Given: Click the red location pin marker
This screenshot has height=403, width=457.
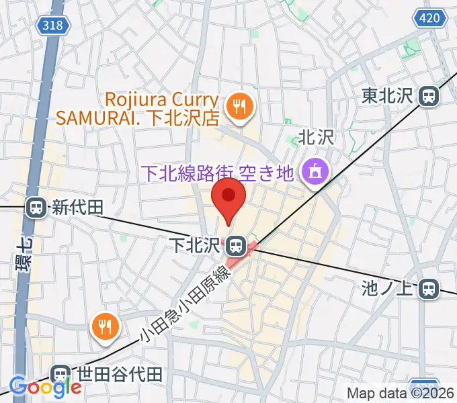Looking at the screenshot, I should [x=229, y=197].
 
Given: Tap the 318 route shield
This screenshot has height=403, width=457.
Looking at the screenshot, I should [x=52, y=25].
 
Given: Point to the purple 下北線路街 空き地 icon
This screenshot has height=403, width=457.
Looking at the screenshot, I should [x=315, y=173].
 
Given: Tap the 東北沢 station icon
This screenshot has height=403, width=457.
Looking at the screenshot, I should [x=428, y=97].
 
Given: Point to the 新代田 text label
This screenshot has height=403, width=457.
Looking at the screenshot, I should [x=77, y=208].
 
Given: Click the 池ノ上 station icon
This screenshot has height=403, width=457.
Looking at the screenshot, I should [x=427, y=289].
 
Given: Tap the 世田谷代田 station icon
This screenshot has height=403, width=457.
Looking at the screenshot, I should [x=61, y=374].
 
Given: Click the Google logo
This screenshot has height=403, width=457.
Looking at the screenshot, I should [x=45, y=387].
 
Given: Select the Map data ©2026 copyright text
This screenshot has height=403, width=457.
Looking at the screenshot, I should [x=401, y=394].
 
